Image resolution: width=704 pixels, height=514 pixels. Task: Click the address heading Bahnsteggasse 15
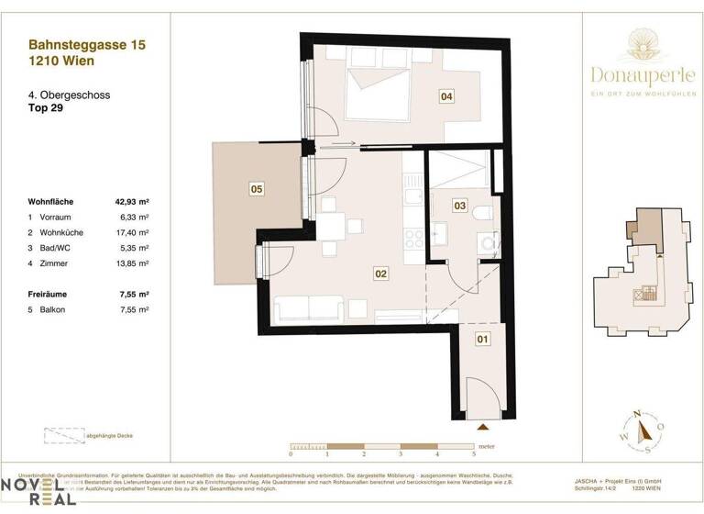click(87, 44)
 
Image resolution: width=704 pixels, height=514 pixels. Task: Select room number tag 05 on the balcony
click(257, 189)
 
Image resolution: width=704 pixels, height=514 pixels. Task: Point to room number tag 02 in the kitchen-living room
click(381, 273)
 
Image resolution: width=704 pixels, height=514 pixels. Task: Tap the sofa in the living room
click(308, 310)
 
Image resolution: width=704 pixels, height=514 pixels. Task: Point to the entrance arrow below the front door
click(484, 427)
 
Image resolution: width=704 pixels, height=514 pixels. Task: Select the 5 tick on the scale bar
click(474, 454)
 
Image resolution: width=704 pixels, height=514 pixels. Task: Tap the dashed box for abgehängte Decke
click(61, 438)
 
